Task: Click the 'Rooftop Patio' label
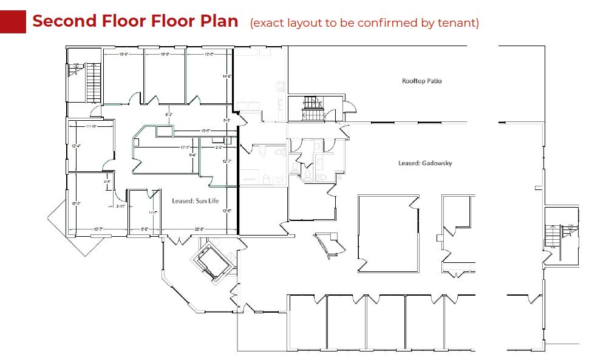click(421, 81)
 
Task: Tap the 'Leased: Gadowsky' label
click(425, 163)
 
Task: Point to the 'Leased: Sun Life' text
click(195, 201)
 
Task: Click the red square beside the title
click(13, 21)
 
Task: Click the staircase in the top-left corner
click(92, 83)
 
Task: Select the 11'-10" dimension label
click(92, 126)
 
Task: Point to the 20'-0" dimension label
click(199, 229)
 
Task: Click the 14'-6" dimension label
click(227, 76)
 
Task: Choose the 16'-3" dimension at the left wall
click(76, 203)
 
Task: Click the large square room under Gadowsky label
click(388, 233)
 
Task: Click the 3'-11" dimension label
click(120, 206)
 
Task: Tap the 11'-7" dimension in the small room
click(153, 212)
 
